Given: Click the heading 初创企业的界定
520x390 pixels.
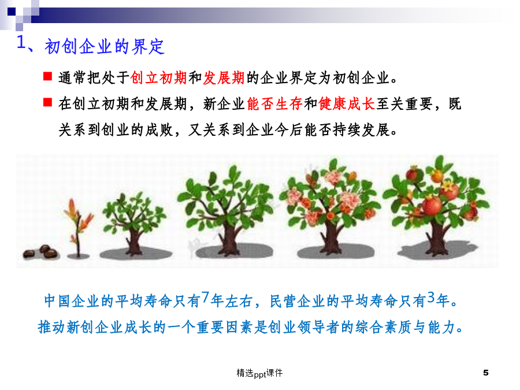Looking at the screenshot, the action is [105, 46].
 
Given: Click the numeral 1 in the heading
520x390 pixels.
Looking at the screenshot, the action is [21, 42].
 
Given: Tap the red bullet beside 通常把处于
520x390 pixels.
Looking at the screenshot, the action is [48, 76].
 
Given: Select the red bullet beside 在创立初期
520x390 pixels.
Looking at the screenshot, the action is [48, 102].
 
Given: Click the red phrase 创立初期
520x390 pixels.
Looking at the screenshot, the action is [159, 78].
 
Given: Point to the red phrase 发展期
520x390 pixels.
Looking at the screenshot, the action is [224, 78].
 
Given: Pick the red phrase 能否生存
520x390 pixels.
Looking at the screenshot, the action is [275, 104].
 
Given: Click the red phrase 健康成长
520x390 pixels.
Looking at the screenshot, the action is [347, 104].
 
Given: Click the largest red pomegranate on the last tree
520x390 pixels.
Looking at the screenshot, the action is [432, 205].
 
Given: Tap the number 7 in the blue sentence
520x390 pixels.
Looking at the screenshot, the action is [205, 298].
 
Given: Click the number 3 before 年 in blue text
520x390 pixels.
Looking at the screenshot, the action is [431, 298].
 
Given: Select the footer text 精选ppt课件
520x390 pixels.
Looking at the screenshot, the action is [259, 373].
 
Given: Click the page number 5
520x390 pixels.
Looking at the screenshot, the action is [486, 373].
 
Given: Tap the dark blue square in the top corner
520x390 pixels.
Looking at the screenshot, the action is [12, 12].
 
